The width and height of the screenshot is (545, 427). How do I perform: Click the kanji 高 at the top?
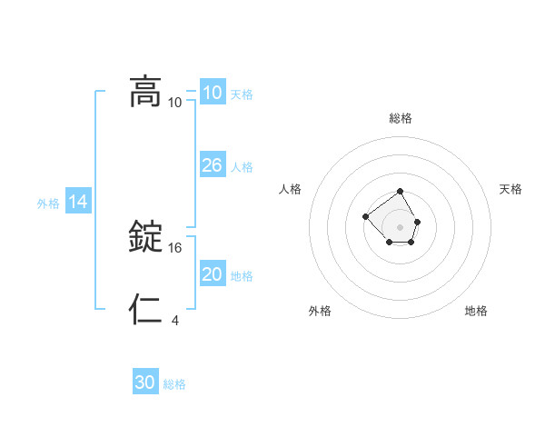point(145,92)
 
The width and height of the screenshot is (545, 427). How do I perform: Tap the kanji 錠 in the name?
point(145,237)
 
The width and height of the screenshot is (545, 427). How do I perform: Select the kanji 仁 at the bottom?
point(145,310)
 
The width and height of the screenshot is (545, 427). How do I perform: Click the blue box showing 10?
point(212,93)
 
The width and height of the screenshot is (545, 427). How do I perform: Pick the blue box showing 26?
point(212,165)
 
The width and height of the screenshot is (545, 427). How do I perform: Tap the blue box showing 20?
point(212,274)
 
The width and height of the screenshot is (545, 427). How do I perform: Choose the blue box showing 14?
point(78,202)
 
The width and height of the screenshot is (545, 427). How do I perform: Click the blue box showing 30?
point(145,382)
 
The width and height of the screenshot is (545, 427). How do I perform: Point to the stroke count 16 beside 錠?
point(176,247)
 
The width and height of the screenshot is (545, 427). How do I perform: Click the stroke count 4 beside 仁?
point(175,320)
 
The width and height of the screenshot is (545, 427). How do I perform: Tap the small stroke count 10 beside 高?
point(175,102)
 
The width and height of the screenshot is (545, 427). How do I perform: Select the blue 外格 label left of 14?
point(48,204)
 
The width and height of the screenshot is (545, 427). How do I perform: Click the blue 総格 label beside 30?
point(175,384)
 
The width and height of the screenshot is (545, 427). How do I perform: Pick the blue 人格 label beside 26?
point(242,167)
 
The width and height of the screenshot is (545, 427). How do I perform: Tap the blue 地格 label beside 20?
point(242,276)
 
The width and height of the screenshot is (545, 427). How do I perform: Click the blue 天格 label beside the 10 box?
point(242,94)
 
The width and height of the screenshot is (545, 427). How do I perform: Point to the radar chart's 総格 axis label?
point(401,118)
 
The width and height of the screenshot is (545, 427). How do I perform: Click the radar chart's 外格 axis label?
point(320,311)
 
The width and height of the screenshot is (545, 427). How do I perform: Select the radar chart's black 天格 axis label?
point(510,189)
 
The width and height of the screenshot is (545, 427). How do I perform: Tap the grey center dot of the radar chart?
point(401,226)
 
